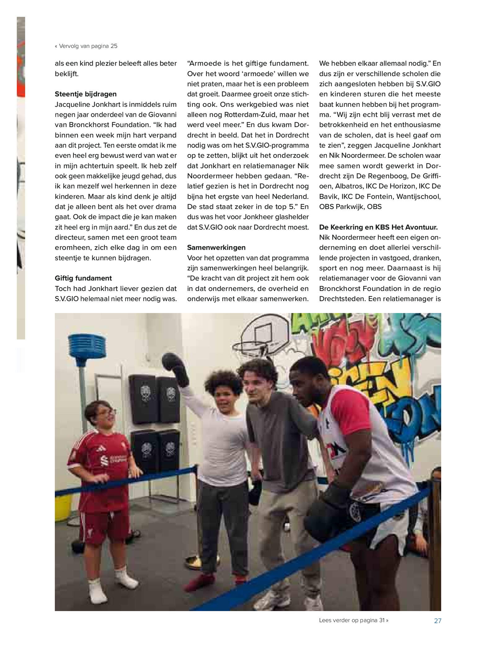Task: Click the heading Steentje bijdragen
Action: coord(86,94)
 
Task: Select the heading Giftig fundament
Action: coord(83,278)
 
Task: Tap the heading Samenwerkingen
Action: coord(216,247)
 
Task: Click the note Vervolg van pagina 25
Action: coord(86,46)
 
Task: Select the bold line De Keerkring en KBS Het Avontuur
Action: coord(378,227)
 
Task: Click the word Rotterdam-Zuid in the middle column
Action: coord(250,115)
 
